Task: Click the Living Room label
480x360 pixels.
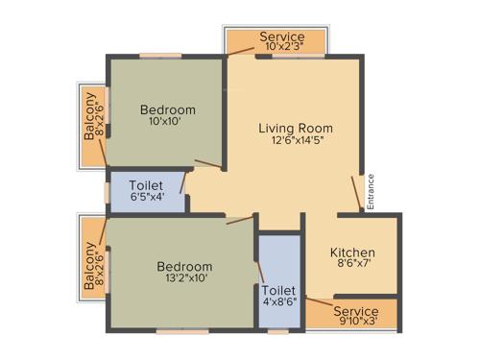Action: (x=296, y=128)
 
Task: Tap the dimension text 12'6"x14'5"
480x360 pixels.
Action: (x=296, y=143)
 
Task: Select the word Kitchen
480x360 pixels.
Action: (x=352, y=252)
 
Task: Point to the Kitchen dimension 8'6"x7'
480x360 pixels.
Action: (x=352, y=268)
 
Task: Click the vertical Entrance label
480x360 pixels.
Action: (x=371, y=189)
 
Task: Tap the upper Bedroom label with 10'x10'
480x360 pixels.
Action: (x=167, y=109)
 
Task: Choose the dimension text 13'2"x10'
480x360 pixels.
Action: (x=183, y=278)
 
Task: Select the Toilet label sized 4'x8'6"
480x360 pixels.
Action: (x=279, y=289)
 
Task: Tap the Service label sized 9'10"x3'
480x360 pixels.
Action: (x=356, y=311)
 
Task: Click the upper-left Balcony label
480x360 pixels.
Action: (x=89, y=115)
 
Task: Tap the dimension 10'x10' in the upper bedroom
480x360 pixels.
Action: (x=167, y=123)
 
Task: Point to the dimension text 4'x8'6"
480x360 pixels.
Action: (x=279, y=303)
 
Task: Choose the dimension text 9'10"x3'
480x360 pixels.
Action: (x=356, y=324)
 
